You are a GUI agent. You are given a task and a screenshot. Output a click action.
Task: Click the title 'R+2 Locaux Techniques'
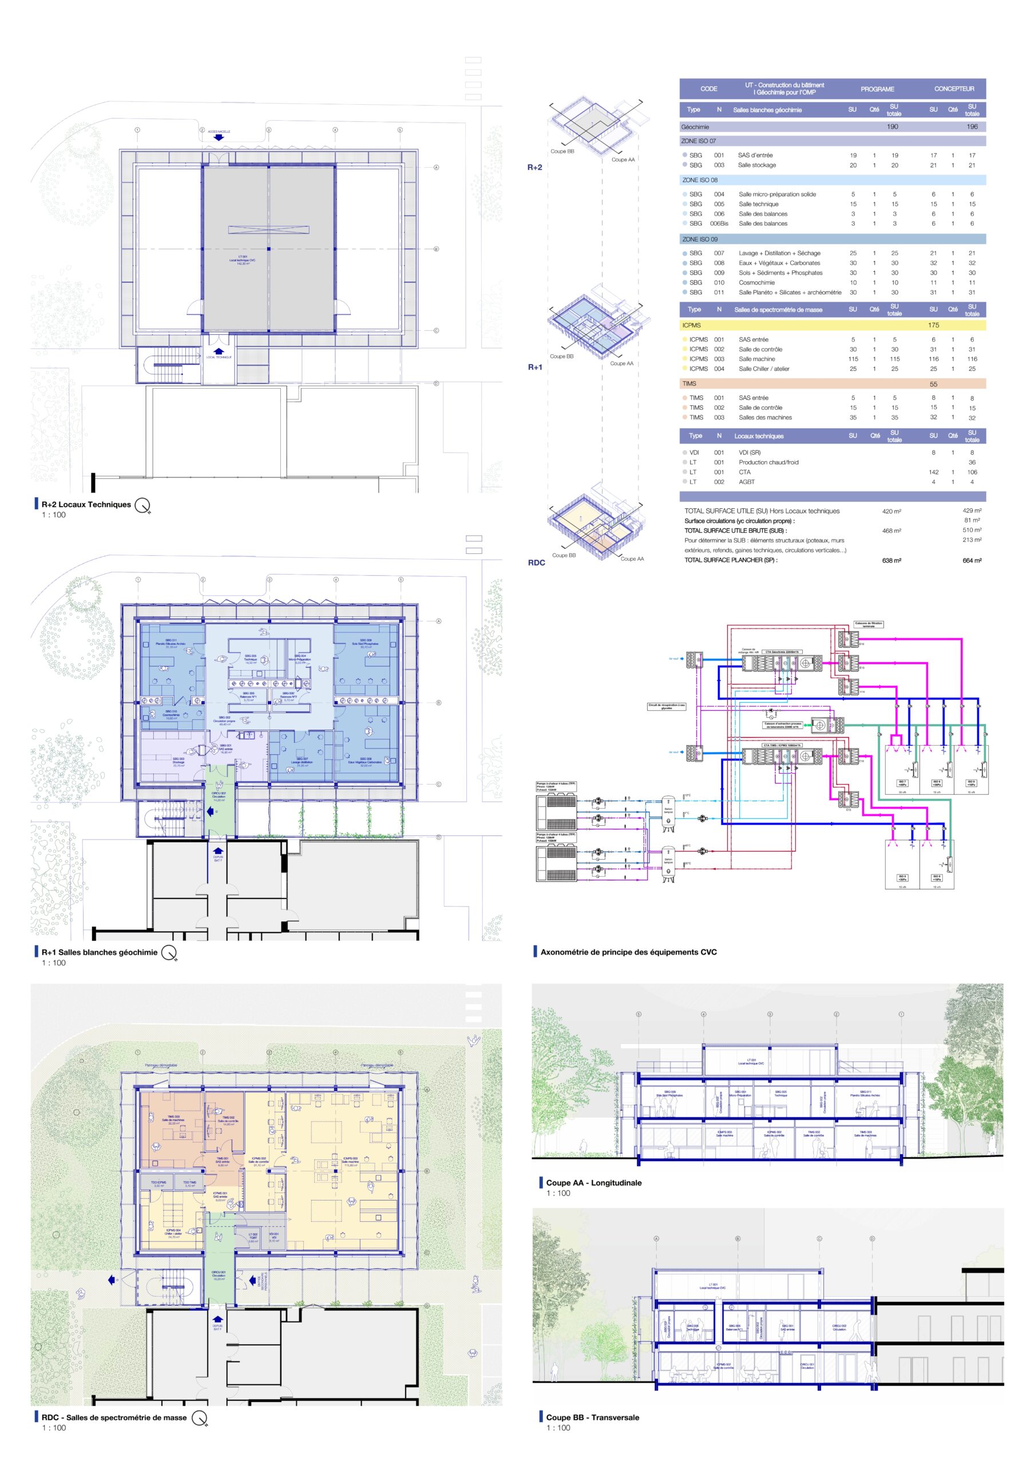pyautogui.click(x=86, y=504)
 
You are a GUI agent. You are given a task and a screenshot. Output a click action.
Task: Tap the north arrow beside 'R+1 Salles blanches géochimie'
pyautogui.click(x=168, y=953)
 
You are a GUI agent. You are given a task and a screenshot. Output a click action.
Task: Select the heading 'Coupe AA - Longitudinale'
pyautogui.click(x=593, y=1182)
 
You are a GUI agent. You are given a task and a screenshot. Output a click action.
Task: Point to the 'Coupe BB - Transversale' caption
pyautogui.click(x=592, y=1417)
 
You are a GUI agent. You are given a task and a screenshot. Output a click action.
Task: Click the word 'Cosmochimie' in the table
pyautogui.click(x=757, y=283)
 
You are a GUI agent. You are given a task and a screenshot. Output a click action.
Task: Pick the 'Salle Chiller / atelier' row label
pyautogui.click(x=764, y=369)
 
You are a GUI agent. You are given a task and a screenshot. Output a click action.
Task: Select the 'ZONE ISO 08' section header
pyautogui.click(x=700, y=180)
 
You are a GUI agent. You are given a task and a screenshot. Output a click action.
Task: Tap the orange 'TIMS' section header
pyautogui.click(x=690, y=383)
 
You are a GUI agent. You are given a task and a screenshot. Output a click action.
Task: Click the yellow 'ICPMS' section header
pyautogui.click(x=692, y=326)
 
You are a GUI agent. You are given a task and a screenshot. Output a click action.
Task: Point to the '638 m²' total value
pyautogui.click(x=891, y=560)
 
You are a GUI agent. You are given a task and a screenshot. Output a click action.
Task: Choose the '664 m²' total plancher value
pyautogui.click(x=972, y=560)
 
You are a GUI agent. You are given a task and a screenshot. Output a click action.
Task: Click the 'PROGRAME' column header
pyautogui.click(x=878, y=89)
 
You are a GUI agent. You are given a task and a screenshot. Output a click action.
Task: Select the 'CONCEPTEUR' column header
pyautogui.click(x=954, y=89)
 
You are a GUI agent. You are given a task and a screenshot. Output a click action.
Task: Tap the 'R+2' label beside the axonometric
pyautogui.click(x=535, y=167)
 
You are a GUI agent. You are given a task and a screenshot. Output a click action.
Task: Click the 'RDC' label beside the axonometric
pyautogui.click(x=537, y=562)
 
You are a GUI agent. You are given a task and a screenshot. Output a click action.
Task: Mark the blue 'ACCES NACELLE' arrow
pyautogui.click(x=219, y=137)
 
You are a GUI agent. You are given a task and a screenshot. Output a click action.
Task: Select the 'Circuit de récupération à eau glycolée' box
pyautogui.click(x=667, y=706)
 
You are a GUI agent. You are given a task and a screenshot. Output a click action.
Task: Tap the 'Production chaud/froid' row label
pyautogui.click(x=768, y=462)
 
